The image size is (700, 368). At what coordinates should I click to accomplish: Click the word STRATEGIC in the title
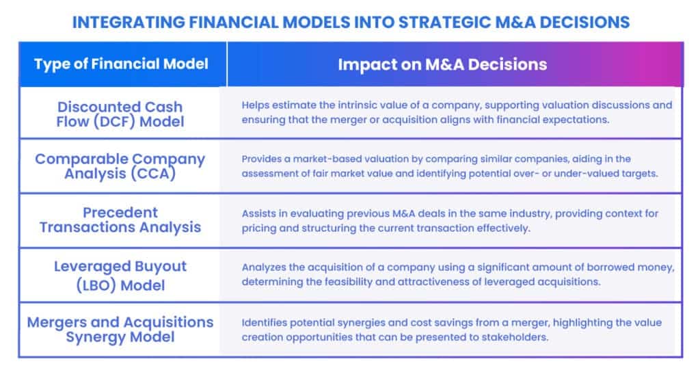(x=444, y=23)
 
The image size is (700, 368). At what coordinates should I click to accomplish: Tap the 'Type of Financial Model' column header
(x=121, y=64)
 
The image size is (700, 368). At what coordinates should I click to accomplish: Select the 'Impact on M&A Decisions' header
(x=442, y=64)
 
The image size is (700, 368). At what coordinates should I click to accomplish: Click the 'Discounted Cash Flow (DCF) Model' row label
(x=120, y=114)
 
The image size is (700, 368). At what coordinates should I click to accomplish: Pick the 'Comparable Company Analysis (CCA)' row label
(x=120, y=166)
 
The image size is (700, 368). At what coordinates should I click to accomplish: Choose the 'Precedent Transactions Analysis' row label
(x=120, y=220)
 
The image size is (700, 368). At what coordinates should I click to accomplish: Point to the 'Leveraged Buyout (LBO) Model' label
(x=120, y=276)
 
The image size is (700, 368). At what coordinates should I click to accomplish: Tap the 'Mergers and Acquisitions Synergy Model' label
(x=120, y=330)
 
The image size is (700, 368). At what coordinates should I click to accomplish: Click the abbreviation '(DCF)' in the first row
(x=114, y=122)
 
